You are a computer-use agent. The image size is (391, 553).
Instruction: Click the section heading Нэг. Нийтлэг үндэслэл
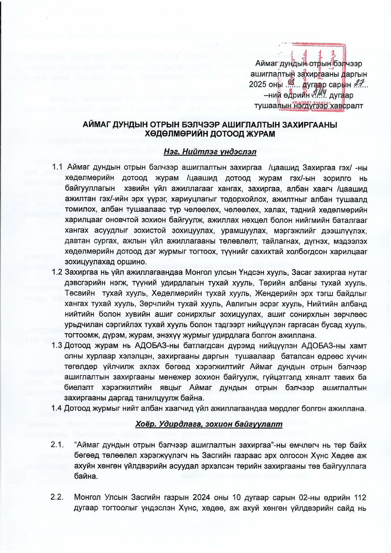click(210, 153)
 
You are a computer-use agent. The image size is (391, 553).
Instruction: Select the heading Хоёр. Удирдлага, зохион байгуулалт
click(209, 424)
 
